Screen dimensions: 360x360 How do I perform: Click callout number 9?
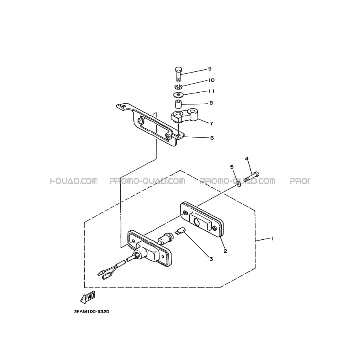coord(210,69)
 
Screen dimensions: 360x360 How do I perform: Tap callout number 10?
coord(211,80)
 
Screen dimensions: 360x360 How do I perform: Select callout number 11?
coord(211,91)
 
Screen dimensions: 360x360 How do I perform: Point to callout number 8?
coord(211,103)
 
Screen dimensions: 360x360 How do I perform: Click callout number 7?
coord(211,123)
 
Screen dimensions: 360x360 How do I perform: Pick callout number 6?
coord(212,138)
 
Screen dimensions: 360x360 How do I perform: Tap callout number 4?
coord(247,159)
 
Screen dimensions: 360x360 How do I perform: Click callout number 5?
coord(232,167)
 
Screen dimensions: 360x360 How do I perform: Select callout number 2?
coord(225,251)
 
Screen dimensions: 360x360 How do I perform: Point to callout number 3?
coord(211,259)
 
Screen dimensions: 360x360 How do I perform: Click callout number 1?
coord(272,239)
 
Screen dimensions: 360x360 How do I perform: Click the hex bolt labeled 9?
coord(178,74)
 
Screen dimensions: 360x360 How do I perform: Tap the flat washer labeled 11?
coord(178,94)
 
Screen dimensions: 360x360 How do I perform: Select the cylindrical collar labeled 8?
coord(178,104)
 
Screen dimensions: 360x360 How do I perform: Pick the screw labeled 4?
coord(252,177)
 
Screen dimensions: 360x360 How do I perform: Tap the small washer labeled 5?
coord(239,184)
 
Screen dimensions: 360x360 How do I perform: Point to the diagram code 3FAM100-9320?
coord(91,312)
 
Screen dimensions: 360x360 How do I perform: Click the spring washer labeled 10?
coord(178,87)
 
